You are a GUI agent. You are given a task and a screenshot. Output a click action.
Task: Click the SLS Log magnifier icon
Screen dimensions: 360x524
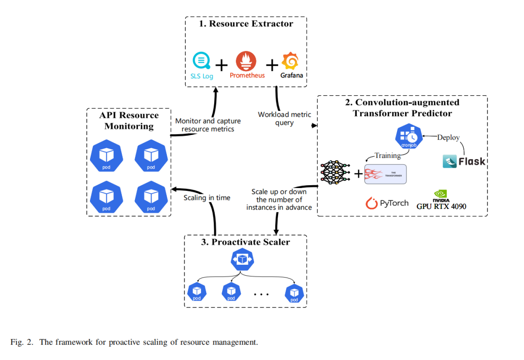pos(201,62)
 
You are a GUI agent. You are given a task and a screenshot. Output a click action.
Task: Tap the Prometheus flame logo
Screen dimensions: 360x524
pos(246,62)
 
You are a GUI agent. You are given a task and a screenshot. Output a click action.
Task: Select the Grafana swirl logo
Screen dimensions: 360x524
pos(290,62)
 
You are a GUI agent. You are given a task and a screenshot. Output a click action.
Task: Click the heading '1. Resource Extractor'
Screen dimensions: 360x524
pos(245,24)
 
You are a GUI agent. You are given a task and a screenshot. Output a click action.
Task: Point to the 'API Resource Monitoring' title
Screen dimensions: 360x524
pos(129,120)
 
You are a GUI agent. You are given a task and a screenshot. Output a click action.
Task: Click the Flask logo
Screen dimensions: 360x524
pos(464,161)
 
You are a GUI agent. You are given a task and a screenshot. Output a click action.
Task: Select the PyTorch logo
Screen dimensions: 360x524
pos(387,203)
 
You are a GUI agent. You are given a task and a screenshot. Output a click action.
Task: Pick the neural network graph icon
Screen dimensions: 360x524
pos(336,171)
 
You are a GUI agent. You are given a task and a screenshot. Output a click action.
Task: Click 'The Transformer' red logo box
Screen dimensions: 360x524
pos(385,173)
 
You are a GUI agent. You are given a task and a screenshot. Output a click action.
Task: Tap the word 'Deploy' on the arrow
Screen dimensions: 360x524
pos(448,137)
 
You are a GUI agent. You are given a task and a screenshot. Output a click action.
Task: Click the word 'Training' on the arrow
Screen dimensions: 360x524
pos(387,155)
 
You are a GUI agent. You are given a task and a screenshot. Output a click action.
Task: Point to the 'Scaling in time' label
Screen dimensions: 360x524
pos(207,198)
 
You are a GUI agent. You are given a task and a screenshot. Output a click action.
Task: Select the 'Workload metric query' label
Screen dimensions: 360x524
pos(284,118)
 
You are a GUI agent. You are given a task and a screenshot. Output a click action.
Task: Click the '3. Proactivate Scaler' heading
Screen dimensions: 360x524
pos(245,242)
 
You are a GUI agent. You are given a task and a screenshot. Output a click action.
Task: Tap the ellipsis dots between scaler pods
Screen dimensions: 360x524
pos(261,294)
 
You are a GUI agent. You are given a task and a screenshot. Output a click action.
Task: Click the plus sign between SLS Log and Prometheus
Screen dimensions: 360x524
pos(222,64)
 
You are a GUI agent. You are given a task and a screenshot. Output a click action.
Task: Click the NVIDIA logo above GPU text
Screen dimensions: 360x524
pos(441,194)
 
